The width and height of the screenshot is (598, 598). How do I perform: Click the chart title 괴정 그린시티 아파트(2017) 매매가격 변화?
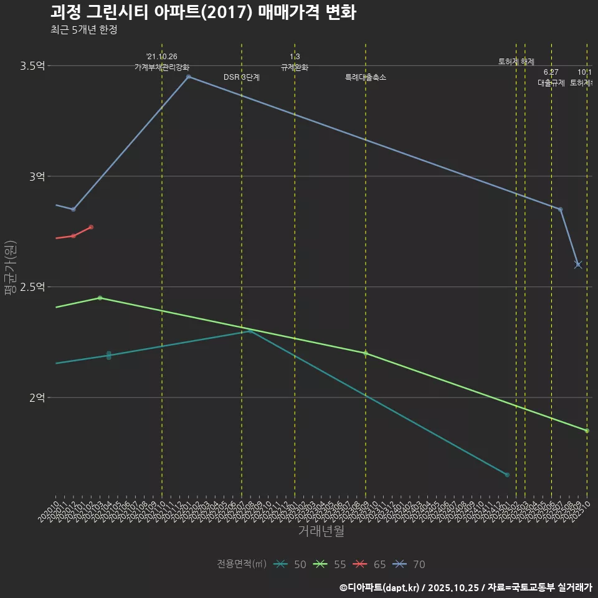coord(203,12)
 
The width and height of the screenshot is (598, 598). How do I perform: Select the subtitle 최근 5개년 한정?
coord(83,30)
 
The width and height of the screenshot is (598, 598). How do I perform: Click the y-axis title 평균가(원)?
coord(10,268)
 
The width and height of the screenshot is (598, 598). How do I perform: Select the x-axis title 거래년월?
coord(321,531)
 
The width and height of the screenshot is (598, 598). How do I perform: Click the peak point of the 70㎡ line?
coord(188,77)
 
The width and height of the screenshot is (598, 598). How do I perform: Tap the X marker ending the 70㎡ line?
coord(578,265)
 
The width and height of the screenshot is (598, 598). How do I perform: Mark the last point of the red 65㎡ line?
coord(91,227)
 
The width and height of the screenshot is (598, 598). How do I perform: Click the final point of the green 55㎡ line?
coord(587,431)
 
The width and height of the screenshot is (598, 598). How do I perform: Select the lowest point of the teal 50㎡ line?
coord(507,475)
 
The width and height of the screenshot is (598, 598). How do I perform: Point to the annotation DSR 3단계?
coord(242,78)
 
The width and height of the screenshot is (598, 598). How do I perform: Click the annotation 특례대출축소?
coord(366,78)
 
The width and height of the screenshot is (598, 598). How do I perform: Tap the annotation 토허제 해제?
coord(516,62)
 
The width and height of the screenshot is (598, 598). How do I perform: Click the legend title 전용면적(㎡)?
coord(242,564)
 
